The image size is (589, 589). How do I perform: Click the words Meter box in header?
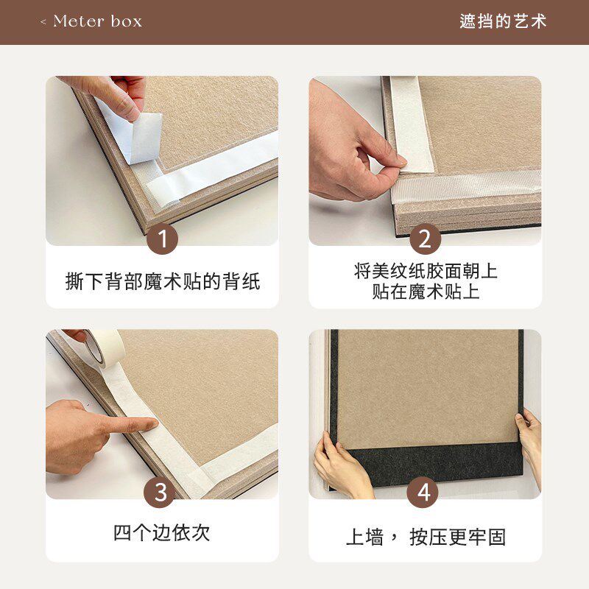[x=97, y=21]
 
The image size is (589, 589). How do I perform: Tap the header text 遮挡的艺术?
[x=504, y=21]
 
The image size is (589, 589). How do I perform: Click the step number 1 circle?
[x=162, y=240]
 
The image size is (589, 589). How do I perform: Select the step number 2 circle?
[x=424, y=240]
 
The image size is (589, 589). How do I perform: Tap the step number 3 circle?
[x=162, y=493]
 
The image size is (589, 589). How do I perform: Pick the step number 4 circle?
[x=424, y=493]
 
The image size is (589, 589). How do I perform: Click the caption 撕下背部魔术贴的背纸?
[x=162, y=282]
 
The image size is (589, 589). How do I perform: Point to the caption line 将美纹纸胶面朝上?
[x=426, y=271]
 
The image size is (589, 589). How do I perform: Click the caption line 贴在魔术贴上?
[x=426, y=292]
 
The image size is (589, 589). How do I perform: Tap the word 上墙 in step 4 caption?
[x=365, y=537]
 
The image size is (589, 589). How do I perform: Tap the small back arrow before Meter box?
[x=43, y=22]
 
